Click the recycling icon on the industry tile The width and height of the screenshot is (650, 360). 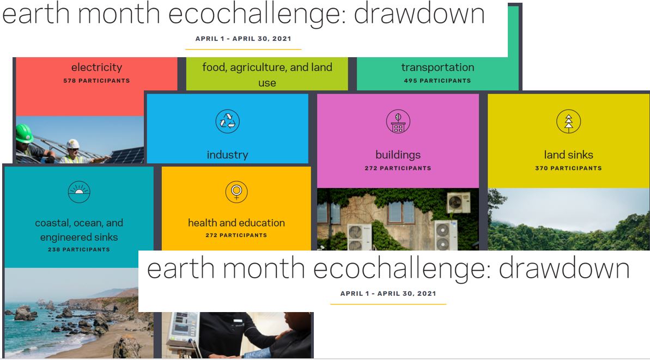[x=227, y=121]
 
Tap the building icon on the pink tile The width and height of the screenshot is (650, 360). [x=398, y=121]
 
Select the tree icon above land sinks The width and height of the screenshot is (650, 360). [x=568, y=121]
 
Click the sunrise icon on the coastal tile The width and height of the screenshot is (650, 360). [x=79, y=192]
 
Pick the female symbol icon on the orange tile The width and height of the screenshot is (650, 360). [x=236, y=192]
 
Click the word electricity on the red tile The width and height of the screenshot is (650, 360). [x=96, y=68]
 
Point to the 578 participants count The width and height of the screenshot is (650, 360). [x=96, y=81]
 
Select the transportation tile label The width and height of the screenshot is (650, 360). [x=438, y=68]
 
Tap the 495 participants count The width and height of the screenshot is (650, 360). [x=438, y=81]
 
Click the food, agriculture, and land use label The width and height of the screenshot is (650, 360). [x=267, y=75]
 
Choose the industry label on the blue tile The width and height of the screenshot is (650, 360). [x=227, y=155]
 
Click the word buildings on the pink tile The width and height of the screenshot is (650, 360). [x=398, y=155]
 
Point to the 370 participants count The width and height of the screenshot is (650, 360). [x=568, y=168]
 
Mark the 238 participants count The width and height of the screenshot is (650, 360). [x=79, y=249]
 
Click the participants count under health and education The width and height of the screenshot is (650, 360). [x=236, y=235]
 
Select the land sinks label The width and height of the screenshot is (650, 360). [x=568, y=155]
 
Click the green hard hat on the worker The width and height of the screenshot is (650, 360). [x=24, y=133]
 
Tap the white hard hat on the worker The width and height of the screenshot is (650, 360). [x=72, y=143]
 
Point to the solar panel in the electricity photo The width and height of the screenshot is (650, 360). [x=129, y=155]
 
